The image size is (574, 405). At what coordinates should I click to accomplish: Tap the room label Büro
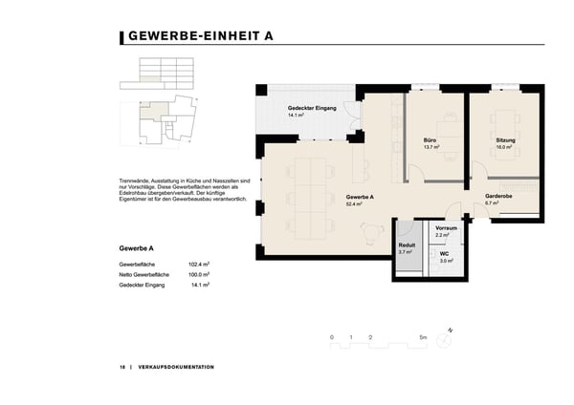point(430,140)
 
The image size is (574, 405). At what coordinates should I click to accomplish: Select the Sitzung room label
point(505,140)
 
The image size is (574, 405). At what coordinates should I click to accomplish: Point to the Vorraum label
point(446,229)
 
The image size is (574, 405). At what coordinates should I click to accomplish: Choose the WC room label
point(445,254)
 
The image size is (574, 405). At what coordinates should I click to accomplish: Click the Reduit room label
point(407,245)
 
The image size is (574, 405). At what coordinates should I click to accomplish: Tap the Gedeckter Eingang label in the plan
point(312,108)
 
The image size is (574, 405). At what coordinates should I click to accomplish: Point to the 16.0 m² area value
point(504,148)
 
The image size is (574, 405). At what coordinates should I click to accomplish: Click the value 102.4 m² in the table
point(199,264)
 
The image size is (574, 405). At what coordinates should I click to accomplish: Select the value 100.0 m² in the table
point(199,274)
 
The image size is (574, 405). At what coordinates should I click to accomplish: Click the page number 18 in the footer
point(122,367)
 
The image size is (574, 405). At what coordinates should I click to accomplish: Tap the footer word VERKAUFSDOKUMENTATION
point(176,367)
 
